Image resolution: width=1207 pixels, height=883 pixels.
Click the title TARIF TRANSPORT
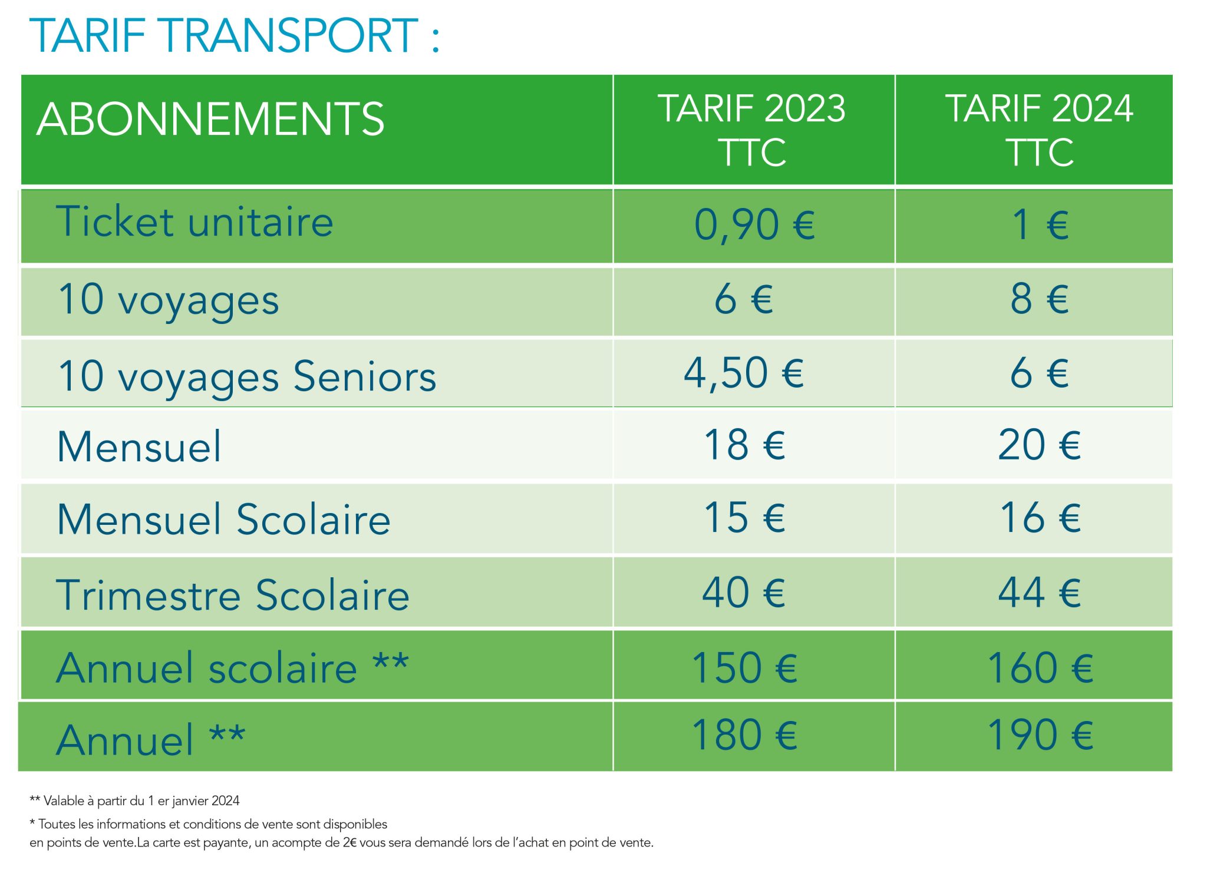pyautogui.click(x=234, y=36)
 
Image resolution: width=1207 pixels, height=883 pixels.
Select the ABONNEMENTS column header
pyautogui.click(x=210, y=120)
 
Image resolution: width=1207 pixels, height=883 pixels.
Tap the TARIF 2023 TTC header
pyautogui.click(x=752, y=130)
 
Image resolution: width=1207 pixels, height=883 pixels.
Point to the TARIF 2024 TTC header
pyautogui.click(x=1039, y=130)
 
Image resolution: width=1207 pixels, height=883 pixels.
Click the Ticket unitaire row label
pyautogui.click(x=194, y=222)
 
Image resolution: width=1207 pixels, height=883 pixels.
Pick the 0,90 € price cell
pyautogui.click(x=754, y=225)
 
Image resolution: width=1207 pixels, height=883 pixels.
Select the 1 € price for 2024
pyautogui.click(x=1040, y=225)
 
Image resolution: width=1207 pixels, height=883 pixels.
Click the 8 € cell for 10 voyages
pyautogui.click(x=1040, y=299)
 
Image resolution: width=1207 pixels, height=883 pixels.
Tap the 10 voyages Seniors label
pyautogui.click(x=247, y=376)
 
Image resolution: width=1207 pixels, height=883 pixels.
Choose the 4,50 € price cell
pyautogui.click(x=744, y=373)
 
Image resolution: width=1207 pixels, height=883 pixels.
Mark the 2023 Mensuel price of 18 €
pyautogui.click(x=744, y=445)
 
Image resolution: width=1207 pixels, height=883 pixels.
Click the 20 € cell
pyautogui.click(x=1039, y=445)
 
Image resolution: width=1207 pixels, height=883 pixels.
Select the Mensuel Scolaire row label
pyautogui.click(x=223, y=520)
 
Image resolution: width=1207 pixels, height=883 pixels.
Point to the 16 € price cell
pyautogui.click(x=1040, y=518)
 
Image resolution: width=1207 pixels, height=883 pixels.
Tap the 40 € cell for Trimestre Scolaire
pyautogui.click(x=744, y=593)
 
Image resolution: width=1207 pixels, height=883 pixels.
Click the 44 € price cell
pyautogui.click(x=1039, y=593)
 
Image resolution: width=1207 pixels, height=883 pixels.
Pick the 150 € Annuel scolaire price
pyautogui.click(x=744, y=669)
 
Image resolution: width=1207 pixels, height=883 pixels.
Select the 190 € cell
pyautogui.click(x=1040, y=736)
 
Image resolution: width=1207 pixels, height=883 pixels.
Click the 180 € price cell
pyautogui.click(x=744, y=736)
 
